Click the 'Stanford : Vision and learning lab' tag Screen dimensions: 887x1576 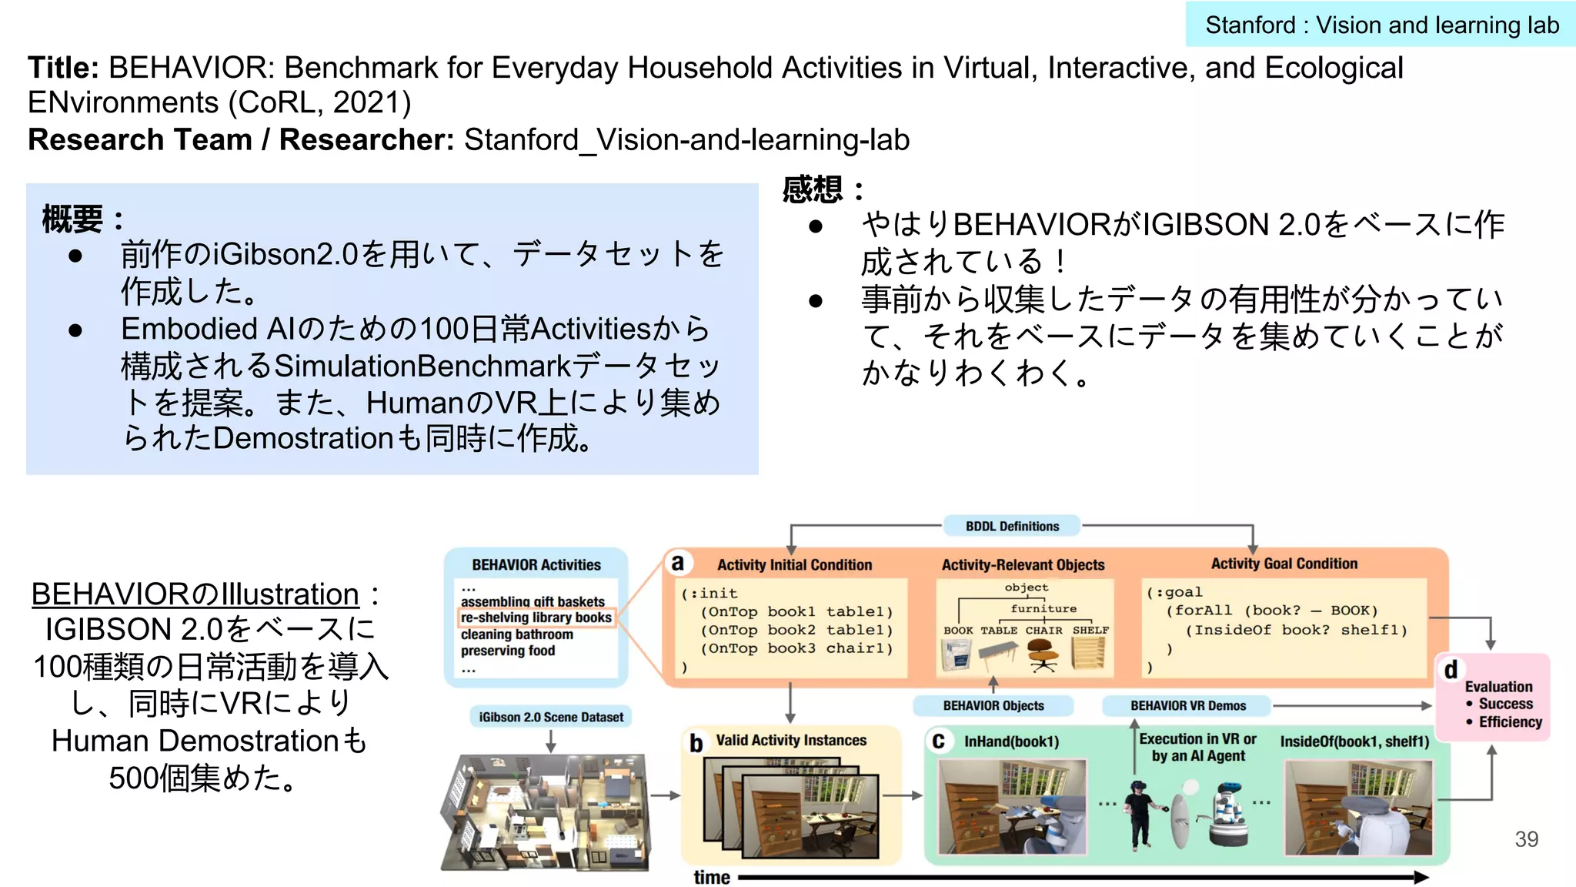pyautogui.click(x=1381, y=25)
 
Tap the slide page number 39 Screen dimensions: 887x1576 pyautogui.click(x=1526, y=838)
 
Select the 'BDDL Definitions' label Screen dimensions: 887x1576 pyautogui.click(x=1012, y=526)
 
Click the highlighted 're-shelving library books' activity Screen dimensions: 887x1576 pyautogui.click(x=536, y=618)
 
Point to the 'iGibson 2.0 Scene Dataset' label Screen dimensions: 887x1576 pyautogui.click(x=551, y=717)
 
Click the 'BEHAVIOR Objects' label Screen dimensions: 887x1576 pyautogui.click(x=993, y=705)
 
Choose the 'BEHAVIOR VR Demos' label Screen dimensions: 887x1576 pyautogui.click(x=1188, y=705)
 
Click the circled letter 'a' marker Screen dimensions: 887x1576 pyautogui.click(x=677, y=563)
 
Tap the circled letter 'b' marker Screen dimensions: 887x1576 pyautogui.click(x=696, y=743)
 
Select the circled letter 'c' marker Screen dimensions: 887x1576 pyautogui.click(x=938, y=741)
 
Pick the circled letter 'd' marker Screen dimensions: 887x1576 pyautogui.click(x=1451, y=670)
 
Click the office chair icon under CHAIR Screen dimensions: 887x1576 pyautogui.click(x=1043, y=656)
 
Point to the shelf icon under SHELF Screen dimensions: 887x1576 pyautogui.click(x=1089, y=654)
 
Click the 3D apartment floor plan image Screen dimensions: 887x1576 pyautogui.click(x=546, y=812)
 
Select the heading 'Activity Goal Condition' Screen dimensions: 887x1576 pyautogui.click(x=1284, y=564)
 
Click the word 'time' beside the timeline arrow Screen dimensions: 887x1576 pyautogui.click(x=712, y=877)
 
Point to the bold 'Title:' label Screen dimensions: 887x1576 pyautogui.click(x=63, y=68)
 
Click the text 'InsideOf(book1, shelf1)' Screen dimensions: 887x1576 pyautogui.click(x=1354, y=741)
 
